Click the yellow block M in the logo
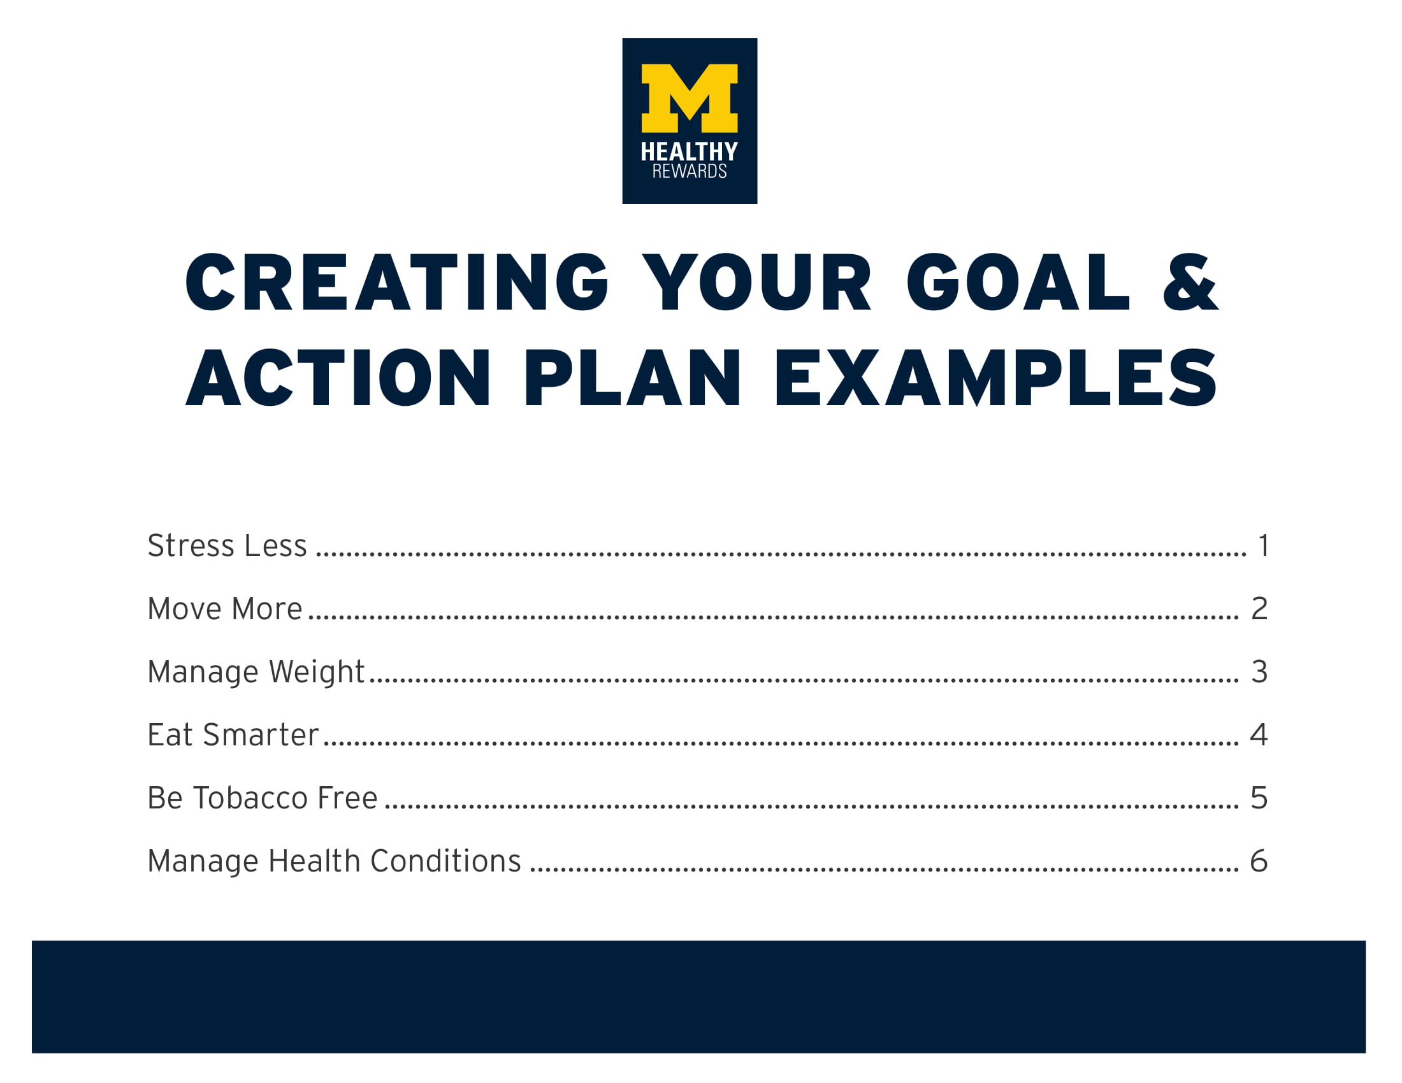(690, 97)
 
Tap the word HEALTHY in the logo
(690, 152)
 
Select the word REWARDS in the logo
(690, 171)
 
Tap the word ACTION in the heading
(338, 378)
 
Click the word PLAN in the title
(632, 378)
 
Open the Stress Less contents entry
(228, 546)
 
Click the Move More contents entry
(225, 609)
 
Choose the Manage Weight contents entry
(256, 672)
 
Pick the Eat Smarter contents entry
(233, 735)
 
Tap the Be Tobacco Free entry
(262, 798)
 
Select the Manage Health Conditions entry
(334, 861)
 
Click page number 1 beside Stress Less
(1262, 546)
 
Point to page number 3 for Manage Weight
(1259, 672)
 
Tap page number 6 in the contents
(1258, 861)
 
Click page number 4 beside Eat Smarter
(1258, 735)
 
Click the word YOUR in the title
(758, 283)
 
